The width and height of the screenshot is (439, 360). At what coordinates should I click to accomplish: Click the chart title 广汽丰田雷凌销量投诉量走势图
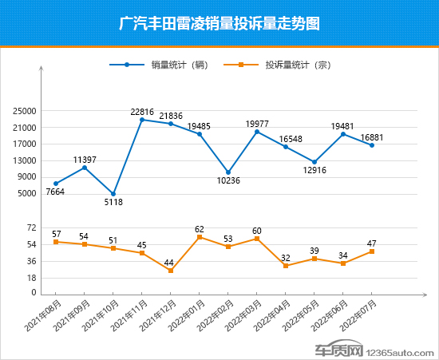click(219, 24)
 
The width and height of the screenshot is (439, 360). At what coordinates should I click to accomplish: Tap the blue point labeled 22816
click(142, 120)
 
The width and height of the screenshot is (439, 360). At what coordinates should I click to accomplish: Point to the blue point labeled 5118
click(113, 194)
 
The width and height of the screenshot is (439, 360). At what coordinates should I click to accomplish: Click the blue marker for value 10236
click(228, 172)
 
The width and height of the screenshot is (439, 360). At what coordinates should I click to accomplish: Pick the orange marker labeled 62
click(200, 237)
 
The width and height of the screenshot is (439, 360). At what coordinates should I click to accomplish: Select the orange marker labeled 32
click(286, 265)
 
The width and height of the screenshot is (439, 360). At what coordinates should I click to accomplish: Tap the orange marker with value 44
click(171, 271)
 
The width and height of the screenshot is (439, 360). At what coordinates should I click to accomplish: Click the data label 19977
click(257, 123)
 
